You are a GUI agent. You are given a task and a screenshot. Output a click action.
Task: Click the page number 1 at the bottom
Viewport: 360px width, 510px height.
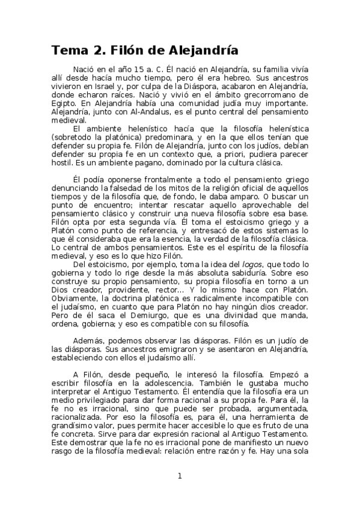[179, 476]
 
